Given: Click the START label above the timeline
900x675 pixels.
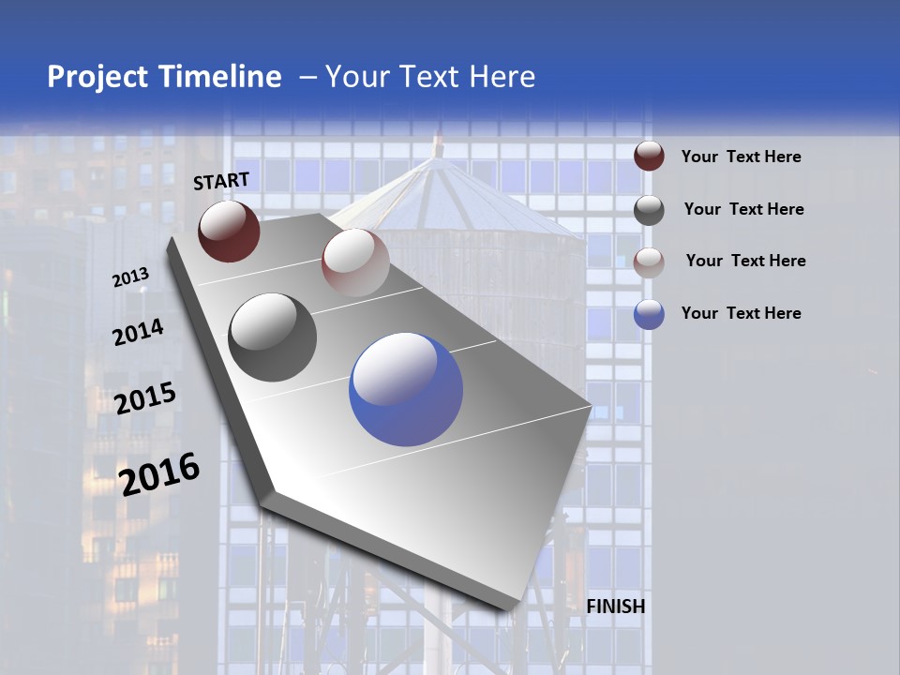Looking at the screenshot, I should (x=221, y=181).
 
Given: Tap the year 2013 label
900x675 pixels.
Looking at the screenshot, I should (x=131, y=277).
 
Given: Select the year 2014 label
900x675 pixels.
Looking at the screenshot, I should (x=139, y=332).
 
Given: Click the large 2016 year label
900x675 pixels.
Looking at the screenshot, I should (x=159, y=473).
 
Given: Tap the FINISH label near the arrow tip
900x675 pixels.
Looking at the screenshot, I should (x=616, y=607).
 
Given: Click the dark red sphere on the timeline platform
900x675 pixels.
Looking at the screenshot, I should (x=229, y=232).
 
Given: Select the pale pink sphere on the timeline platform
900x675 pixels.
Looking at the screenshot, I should (x=355, y=262).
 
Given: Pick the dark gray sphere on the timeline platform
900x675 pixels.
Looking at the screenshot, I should (x=273, y=337).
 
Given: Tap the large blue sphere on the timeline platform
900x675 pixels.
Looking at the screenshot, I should (x=406, y=389).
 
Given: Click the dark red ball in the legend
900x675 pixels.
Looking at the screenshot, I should (x=649, y=157).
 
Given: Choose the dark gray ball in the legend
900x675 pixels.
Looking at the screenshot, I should (x=649, y=210).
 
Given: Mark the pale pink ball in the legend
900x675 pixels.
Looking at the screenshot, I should (x=649, y=262).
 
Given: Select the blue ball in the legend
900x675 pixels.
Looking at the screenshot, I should (x=649, y=314).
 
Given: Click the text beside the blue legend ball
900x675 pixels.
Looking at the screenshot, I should (x=742, y=313).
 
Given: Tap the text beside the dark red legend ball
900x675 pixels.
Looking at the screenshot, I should (x=742, y=157).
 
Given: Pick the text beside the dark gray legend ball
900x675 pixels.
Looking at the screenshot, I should (x=744, y=209).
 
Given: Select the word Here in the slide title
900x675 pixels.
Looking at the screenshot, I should (x=502, y=77).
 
